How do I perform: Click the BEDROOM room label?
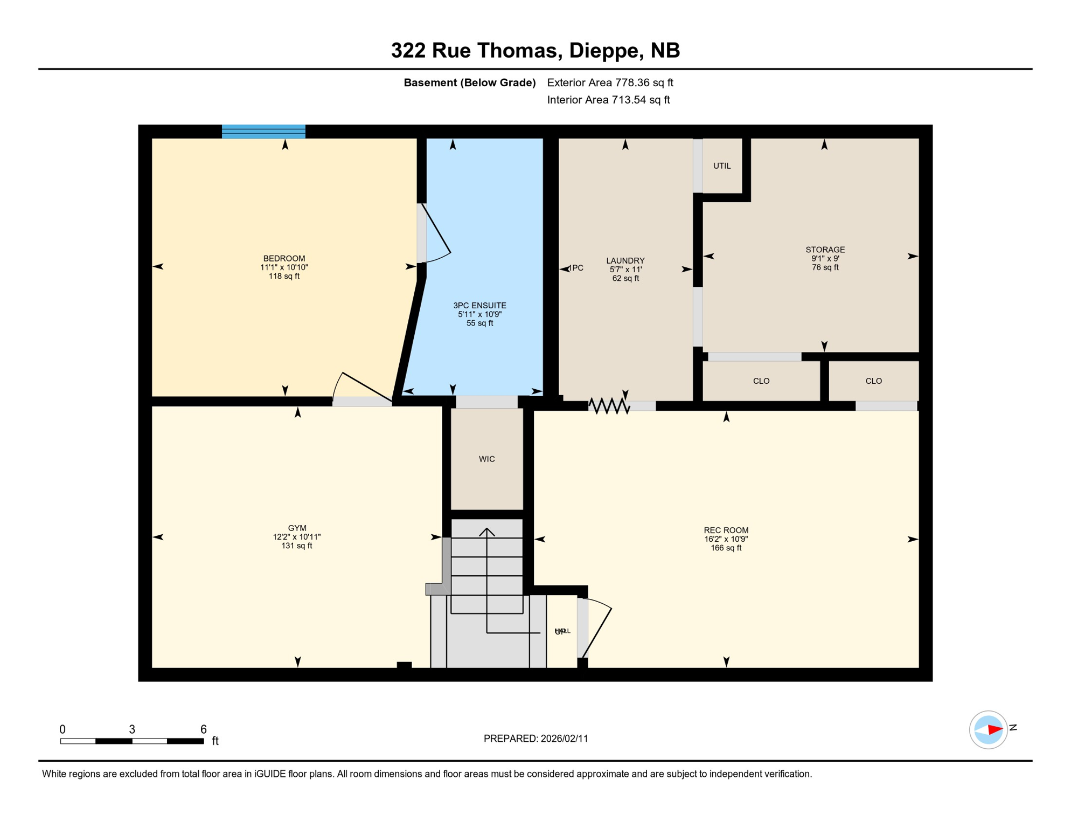tap(284, 258)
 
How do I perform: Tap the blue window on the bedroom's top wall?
tap(263, 132)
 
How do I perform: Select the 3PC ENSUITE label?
tap(479, 305)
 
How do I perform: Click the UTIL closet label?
tap(722, 166)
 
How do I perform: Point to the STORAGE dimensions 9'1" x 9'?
tap(825, 258)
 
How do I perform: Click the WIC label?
tap(486, 459)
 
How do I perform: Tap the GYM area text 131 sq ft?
tap(297, 546)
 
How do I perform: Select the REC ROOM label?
tap(726, 530)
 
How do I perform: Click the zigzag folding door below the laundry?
tap(609, 406)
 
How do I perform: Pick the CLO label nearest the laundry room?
tap(761, 381)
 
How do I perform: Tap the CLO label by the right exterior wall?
tap(873, 381)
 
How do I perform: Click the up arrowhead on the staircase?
tap(486, 532)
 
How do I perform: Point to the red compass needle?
tap(994, 729)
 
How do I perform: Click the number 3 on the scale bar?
tap(132, 729)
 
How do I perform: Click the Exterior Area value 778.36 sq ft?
tap(644, 82)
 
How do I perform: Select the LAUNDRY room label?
tap(625, 260)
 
